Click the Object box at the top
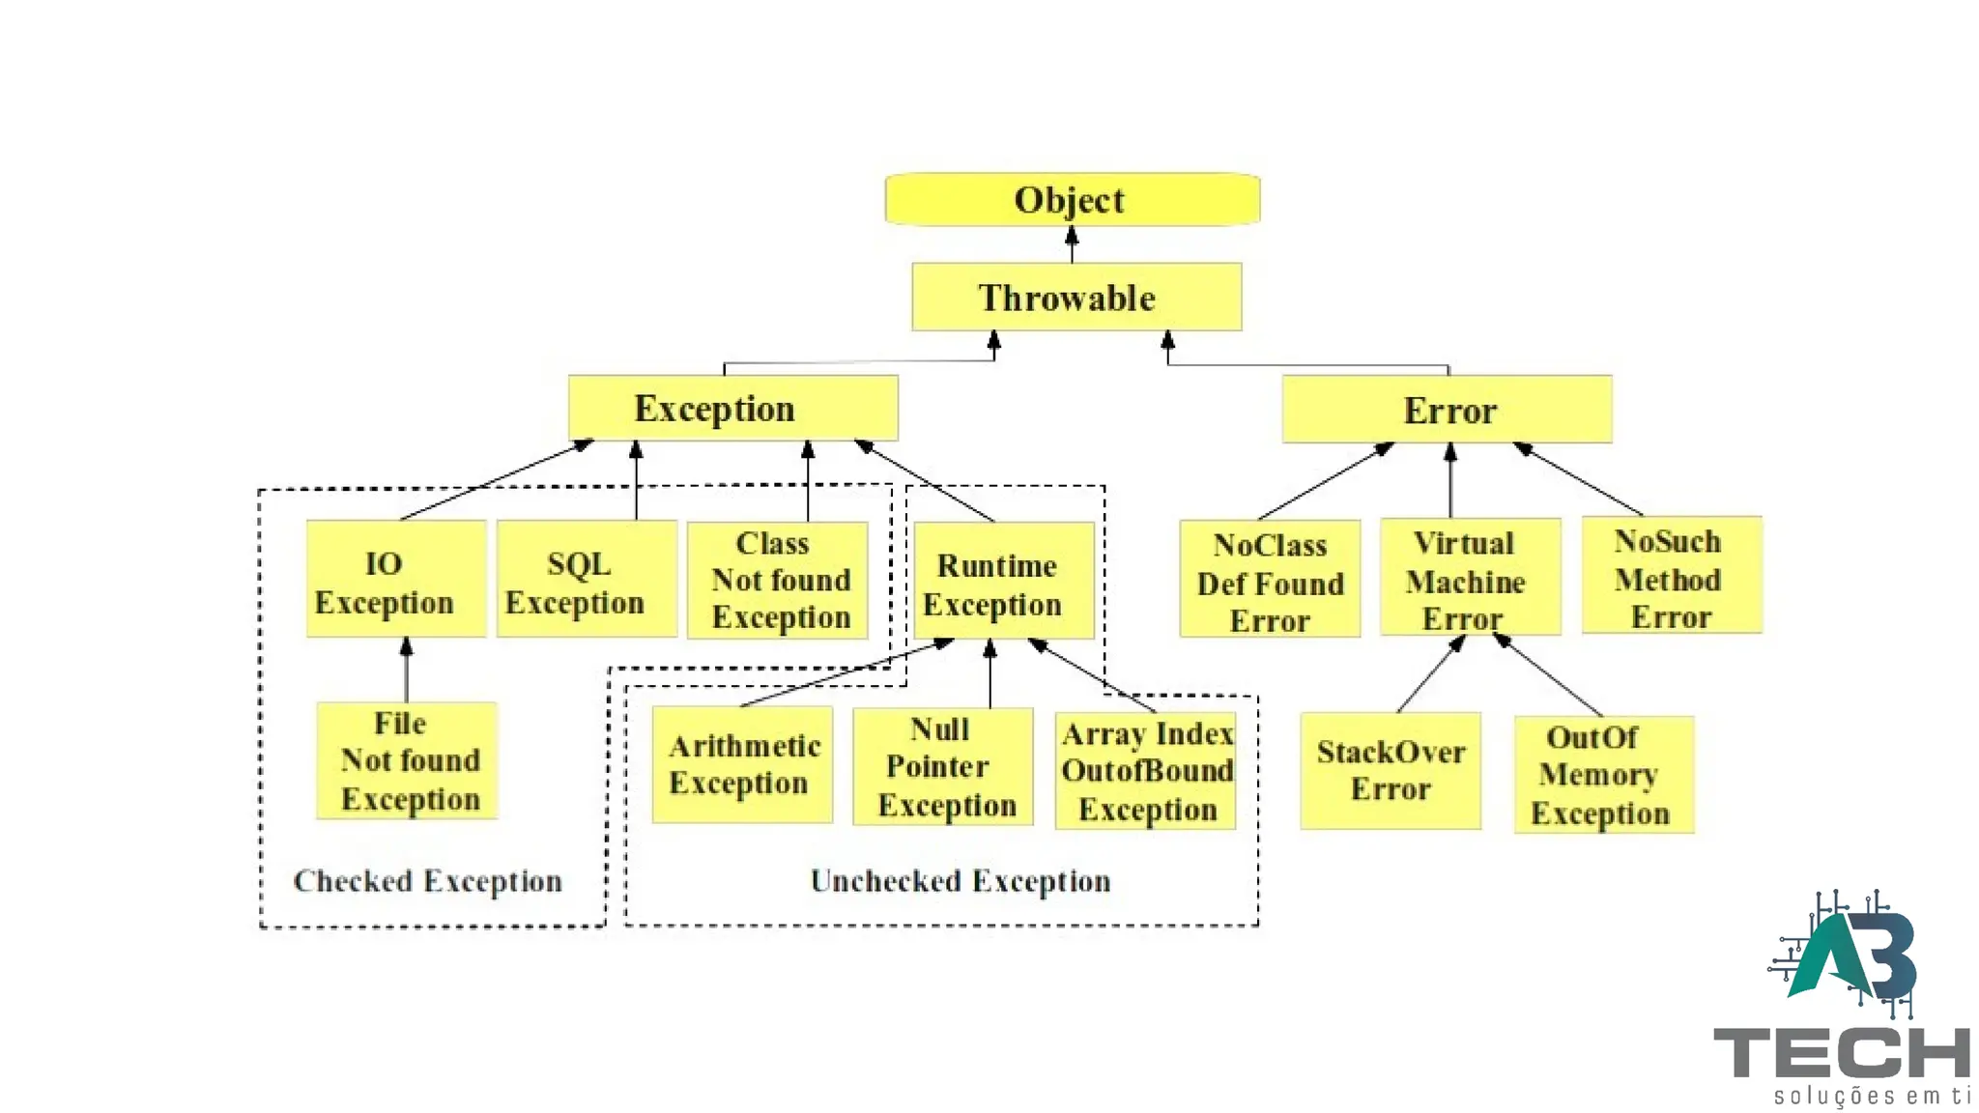pos(1072,200)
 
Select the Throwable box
pos(1076,297)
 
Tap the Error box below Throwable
pos(1447,410)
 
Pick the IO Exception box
pos(395,579)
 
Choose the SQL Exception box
pos(586,579)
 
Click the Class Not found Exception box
pos(777,581)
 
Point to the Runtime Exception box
pos(1003,581)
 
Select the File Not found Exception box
pos(407,760)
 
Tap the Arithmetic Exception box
pos(741,764)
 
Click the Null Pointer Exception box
pos(942,766)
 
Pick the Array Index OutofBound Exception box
pos(1145,771)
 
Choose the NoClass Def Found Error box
pos(1270,579)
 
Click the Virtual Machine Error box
pos(1470,577)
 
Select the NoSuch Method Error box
pos(1672,575)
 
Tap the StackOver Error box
pos(1390,770)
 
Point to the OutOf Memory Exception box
pos(1603,774)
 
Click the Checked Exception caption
pos(427,881)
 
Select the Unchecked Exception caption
pos(960,881)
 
